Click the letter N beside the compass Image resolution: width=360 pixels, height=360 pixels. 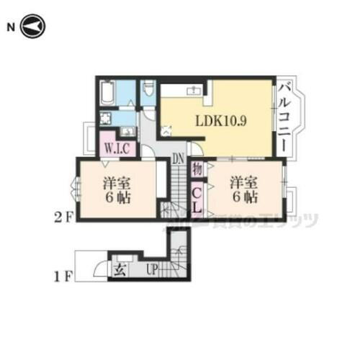tap(11, 28)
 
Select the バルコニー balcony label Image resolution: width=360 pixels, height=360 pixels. tap(285, 117)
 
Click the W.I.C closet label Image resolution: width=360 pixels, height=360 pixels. tap(116, 149)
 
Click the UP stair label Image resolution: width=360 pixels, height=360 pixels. tap(152, 271)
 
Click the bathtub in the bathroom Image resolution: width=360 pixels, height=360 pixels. tap(109, 93)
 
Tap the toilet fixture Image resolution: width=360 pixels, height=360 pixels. tap(148, 89)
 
